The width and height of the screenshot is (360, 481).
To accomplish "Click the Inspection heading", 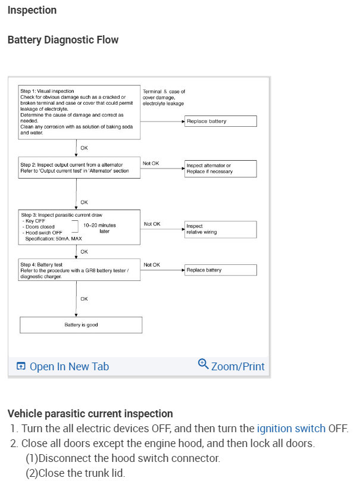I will [32, 10].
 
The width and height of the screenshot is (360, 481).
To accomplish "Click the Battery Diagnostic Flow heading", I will [63, 40].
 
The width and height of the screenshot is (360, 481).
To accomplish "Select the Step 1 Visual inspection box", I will [79, 113].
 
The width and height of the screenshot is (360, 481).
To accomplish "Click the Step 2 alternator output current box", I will [79, 168].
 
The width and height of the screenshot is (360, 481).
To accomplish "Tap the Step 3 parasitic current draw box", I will [79, 227].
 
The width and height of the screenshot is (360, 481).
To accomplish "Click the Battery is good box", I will [81, 325].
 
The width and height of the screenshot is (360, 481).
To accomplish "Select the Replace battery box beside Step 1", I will [220, 121].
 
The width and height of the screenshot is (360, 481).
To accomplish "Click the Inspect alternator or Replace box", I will [220, 168].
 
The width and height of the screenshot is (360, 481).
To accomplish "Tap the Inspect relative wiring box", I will [220, 229].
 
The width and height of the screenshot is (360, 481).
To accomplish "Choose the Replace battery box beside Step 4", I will [220, 270].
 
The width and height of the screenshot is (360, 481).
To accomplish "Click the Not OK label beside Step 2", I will [151, 163].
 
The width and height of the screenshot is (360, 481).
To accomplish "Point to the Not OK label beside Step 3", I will [152, 224].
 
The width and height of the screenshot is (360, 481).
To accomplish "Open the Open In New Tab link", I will [63, 366].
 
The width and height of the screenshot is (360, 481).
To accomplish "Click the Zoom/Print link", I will [237, 366].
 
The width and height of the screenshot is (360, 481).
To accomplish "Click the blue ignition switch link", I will [291, 428].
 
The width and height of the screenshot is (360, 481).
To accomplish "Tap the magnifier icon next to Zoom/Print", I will [203, 364].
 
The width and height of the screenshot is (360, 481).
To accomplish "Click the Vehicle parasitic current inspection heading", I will [90, 413].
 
